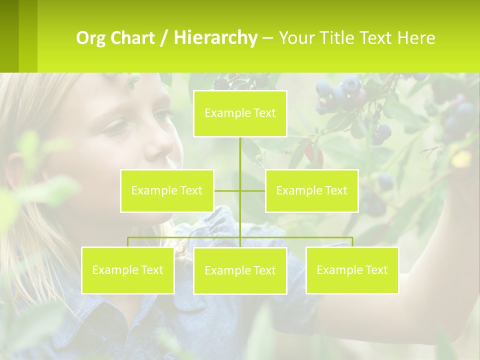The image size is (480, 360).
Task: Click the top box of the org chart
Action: [240, 113]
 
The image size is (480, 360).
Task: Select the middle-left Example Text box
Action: [167, 190]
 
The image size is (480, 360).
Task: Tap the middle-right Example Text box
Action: [311, 190]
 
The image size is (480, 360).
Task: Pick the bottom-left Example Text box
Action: [127, 270]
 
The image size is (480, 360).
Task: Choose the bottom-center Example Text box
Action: [240, 270]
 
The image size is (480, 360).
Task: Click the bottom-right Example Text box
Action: [352, 270]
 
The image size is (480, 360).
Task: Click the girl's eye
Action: [115, 127]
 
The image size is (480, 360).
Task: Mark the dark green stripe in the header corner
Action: [9, 36]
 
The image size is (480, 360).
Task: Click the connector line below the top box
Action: [240, 155]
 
